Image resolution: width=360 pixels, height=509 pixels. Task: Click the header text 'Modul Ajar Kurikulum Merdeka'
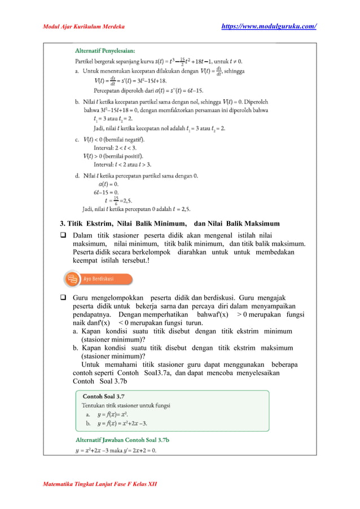tap(84, 27)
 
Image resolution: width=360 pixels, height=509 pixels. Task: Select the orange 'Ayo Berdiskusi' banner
tap(99, 279)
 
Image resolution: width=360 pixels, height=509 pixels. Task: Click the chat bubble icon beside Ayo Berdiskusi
tap(72, 279)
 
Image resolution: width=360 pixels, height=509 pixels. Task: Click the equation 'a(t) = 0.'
tap(108, 184)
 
